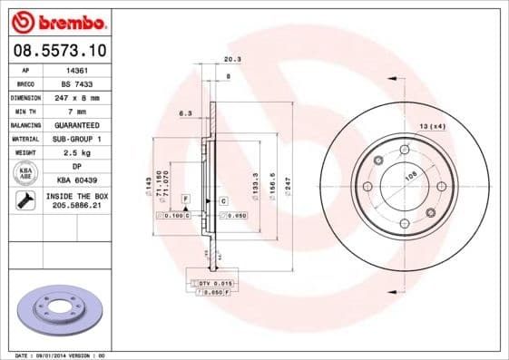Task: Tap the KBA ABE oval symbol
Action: point(25,174)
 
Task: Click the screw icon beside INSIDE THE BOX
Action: point(25,201)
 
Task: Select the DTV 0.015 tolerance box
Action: point(210,285)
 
